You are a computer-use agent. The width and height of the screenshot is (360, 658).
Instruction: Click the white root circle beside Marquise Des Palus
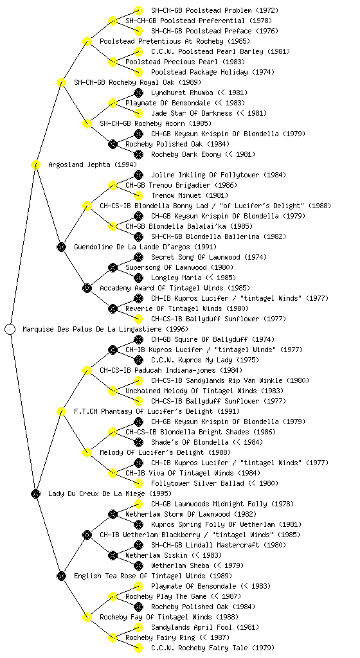[10, 329]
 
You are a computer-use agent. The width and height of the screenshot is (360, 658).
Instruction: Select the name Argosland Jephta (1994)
[93, 164]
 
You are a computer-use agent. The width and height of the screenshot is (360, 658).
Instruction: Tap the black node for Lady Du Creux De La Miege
[35, 493]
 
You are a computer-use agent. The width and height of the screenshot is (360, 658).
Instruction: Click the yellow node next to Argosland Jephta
[35, 164]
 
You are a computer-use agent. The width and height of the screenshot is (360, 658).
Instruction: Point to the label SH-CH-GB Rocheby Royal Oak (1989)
[137, 82]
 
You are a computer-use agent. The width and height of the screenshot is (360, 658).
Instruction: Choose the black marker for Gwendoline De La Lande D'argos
[61, 247]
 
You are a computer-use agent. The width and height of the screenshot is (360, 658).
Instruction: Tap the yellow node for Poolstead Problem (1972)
[138, 10]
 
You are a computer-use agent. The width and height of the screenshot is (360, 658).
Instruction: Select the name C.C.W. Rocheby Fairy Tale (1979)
[212, 648]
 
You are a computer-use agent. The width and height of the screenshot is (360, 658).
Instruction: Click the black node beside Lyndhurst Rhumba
[138, 93]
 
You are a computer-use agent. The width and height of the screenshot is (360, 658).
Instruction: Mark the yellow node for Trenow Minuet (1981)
[138, 195]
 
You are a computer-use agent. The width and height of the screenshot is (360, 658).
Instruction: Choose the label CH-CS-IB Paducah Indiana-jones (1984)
[171, 370]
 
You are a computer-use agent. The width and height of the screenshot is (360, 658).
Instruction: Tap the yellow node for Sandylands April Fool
[138, 627]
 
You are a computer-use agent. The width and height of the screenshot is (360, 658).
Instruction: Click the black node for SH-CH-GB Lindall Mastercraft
[138, 545]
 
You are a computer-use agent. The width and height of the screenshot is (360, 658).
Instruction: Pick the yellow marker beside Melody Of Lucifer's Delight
[87, 452]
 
